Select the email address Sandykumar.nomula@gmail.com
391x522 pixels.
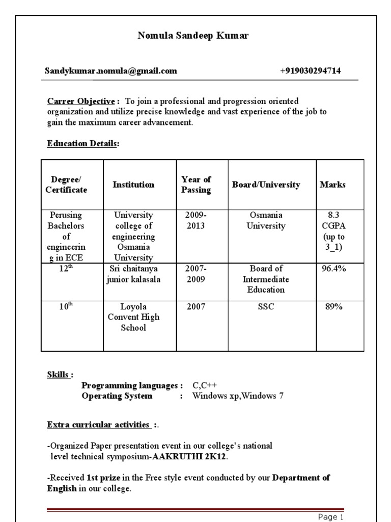pos(111,71)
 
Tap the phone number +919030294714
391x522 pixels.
pos(310,71)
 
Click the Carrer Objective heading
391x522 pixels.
pos(81,101)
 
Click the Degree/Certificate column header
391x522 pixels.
pos(66,185)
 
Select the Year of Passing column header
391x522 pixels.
pos(196,185)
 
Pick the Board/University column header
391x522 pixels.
pos(266,185)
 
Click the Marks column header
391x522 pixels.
pos(332,185)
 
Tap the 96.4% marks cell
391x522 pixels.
pos(333,269)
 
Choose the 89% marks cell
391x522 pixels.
pos(333,306)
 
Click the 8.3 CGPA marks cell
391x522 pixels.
pos(333,231)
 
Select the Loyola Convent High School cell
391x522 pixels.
pos(133,317)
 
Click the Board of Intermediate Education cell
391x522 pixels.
pos(266,279)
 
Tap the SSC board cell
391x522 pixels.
pos(266,307)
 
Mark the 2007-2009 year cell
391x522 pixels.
pos(196,274)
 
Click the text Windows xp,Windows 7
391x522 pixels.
pos(238,396)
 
